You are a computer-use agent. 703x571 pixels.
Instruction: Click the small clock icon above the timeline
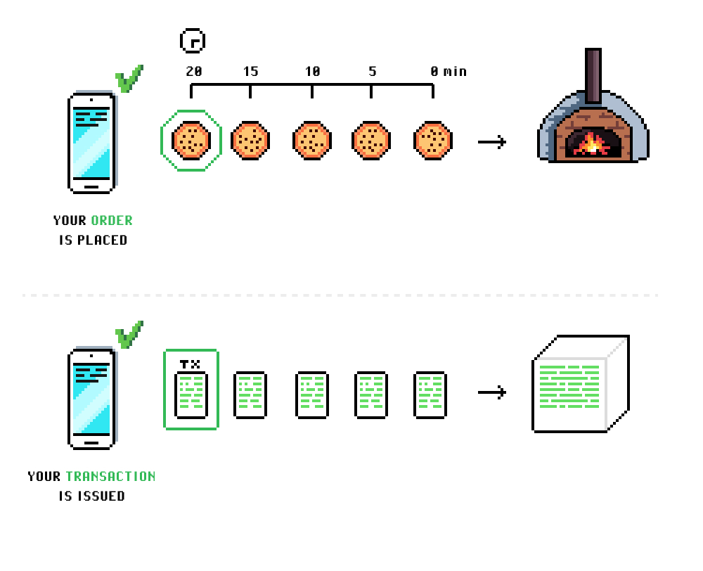(192, 41)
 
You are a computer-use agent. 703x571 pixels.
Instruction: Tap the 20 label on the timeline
(194, 72)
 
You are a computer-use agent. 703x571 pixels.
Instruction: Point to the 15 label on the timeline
(250, 72)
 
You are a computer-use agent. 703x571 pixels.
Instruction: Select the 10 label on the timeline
(312, 72)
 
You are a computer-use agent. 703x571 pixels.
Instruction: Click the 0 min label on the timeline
(449, 72)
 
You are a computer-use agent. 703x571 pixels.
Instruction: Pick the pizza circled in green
(191, 141)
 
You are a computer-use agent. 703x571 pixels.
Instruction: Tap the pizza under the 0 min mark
(432, 141)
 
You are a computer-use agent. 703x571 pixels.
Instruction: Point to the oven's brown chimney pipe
(593, 75)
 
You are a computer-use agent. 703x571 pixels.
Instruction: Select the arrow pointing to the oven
(491, 143)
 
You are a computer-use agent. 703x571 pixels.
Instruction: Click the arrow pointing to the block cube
(491, 392)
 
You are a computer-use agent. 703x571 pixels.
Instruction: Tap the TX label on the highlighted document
(191, 364)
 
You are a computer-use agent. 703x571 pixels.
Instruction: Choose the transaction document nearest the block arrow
(430, 395)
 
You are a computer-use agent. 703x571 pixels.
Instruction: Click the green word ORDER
(112, 220)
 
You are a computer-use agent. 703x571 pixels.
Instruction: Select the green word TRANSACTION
(110, 476)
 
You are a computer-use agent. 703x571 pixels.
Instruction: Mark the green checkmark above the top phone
(129, 79)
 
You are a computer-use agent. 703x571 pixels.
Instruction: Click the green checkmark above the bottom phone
(129, 335)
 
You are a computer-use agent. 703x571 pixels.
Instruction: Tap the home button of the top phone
(91, 188)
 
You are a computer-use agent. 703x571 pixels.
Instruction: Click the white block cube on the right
(578, 387)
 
